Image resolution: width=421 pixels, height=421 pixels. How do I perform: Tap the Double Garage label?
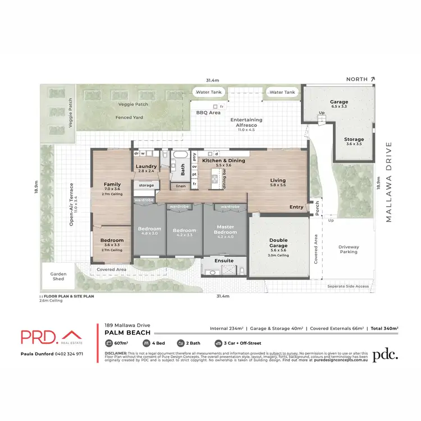pyautogui.click(x=278, y=242)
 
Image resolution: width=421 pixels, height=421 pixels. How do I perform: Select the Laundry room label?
pyautogui.click(x=147, y=166)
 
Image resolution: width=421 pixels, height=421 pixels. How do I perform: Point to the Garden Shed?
pyautogui.click(x=54, y=276)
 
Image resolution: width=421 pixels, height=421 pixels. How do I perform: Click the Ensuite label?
pyautogui.click(x=224, y=260)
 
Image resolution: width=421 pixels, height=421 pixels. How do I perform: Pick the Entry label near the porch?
pyautogui.click(x=296, y=207)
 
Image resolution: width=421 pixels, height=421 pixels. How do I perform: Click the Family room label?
pyautogui.click(x=112, y=185)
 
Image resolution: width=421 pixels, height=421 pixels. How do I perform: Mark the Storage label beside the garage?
pyautogui.click(x=354, y=139)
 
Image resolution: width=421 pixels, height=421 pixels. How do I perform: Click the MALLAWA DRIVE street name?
pyautogui.click(x=388, y=182)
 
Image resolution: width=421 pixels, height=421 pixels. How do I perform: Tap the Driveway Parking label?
pyautogui.click(x=349, y=249)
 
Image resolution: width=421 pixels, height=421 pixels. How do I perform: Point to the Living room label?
pyautogui.click(x=278, y=181)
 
